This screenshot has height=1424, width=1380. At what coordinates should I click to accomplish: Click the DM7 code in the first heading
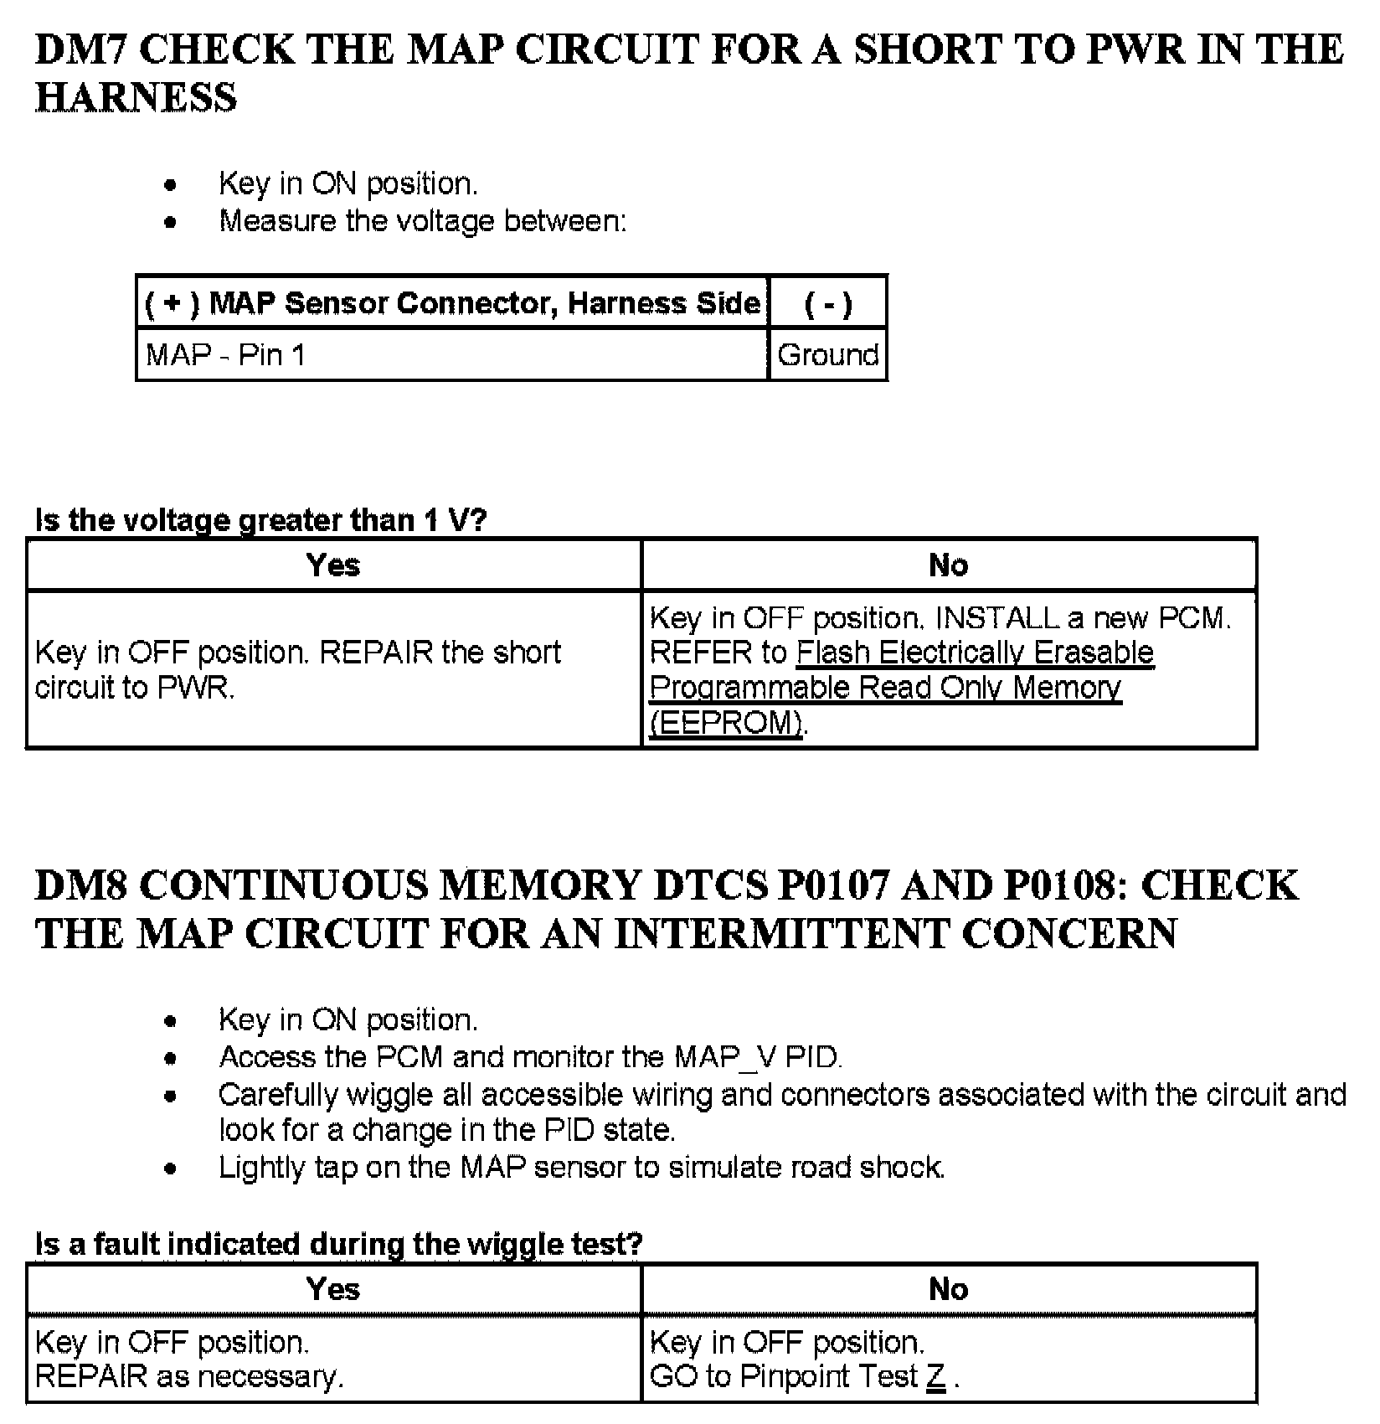(80, 50)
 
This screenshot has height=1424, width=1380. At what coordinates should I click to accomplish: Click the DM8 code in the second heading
(80, 886)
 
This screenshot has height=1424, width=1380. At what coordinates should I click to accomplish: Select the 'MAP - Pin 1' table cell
(225, 355)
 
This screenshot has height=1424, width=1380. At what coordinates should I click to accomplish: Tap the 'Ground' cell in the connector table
(827, 355)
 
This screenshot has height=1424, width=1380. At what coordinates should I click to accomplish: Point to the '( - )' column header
(827, 303)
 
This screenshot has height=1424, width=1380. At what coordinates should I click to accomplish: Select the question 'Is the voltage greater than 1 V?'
(260, 520)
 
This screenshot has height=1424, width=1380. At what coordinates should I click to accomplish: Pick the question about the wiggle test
(338, 1245)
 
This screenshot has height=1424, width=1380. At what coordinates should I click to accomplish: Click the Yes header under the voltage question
(333, 565)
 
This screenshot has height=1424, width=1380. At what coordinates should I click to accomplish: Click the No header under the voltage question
(948, 565)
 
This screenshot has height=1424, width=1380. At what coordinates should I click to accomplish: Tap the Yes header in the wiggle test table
(333, 1289)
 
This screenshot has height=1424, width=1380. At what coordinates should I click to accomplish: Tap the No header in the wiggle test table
(948, 1289)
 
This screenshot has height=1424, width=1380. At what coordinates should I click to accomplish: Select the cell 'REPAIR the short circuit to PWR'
(297, 669)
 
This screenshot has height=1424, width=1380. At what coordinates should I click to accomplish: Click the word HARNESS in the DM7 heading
(136, 98)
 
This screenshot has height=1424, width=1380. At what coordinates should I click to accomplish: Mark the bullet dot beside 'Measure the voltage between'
(171, 222)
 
